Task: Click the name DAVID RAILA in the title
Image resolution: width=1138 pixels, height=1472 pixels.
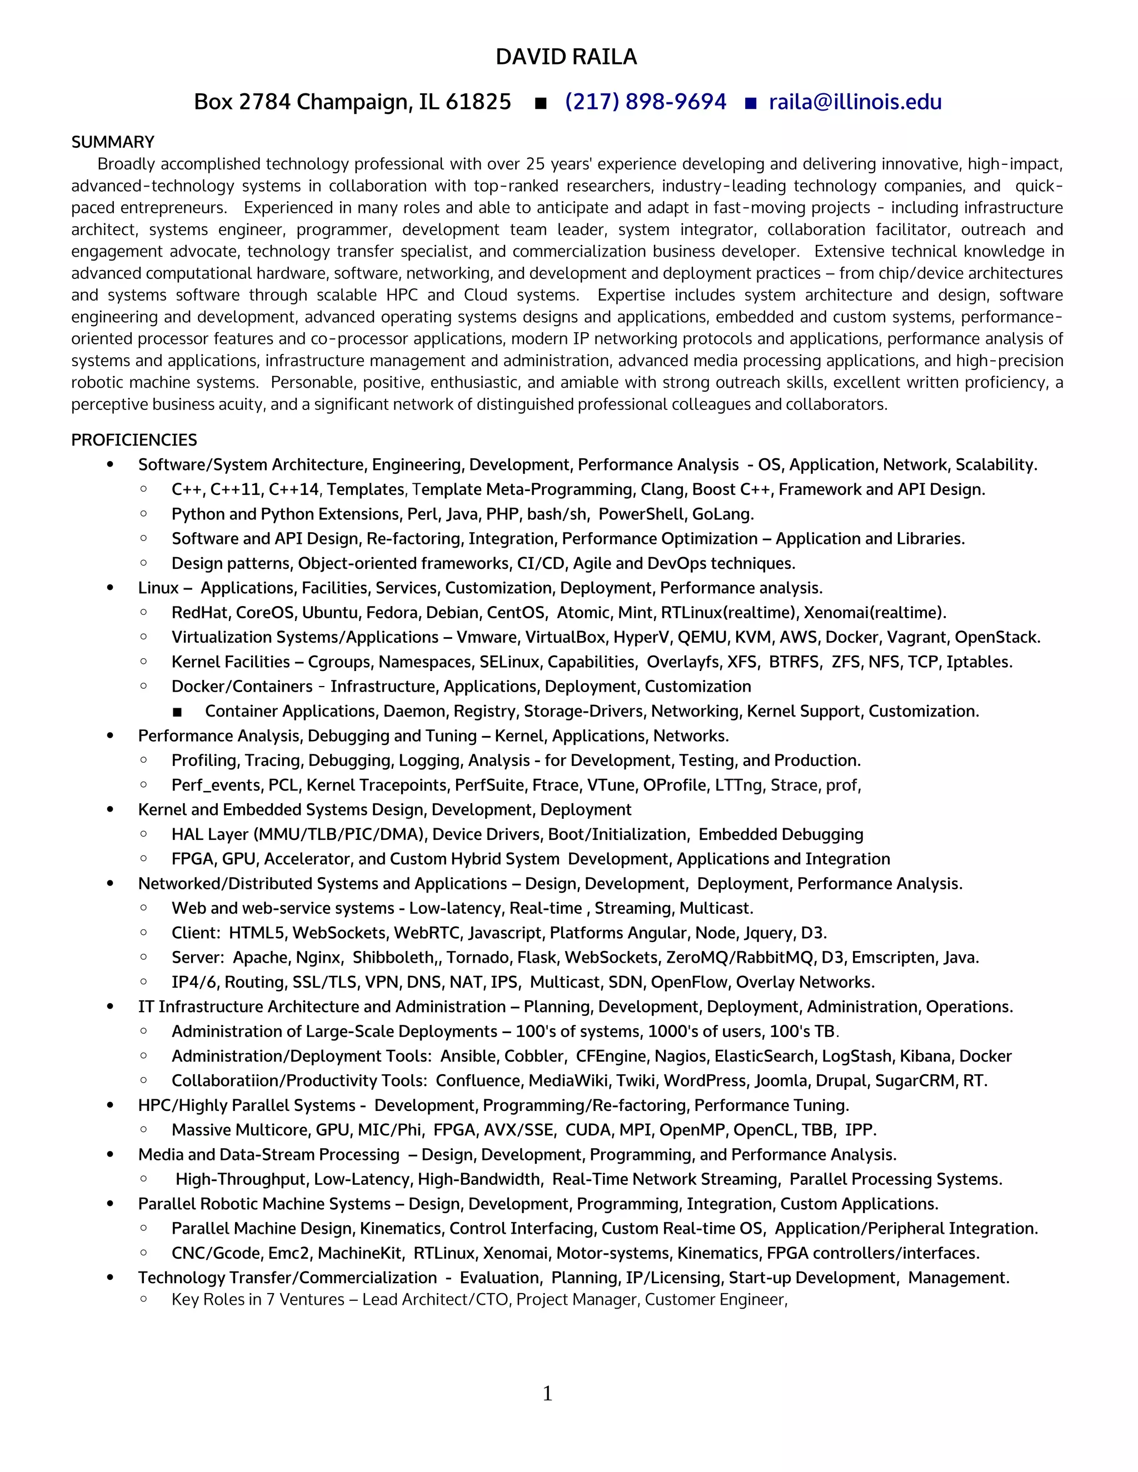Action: pyautogui.click(x=566, y=57)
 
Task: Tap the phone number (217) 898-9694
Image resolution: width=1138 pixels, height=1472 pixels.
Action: pyautogui.click(x=645, y=102)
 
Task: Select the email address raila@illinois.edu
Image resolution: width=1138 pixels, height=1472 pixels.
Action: pyautogui.click(x=855, y=102)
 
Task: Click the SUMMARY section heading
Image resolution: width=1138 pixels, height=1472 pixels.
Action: pyautogui.click(x=113, y=142)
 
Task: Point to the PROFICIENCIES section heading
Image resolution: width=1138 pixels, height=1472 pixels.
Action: pyautogui.click(x=134, y=440)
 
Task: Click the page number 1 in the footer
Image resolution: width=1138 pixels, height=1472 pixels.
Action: pyautogui.click(x=547, y=1393)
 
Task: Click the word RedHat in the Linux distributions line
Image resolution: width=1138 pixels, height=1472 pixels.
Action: pyautogui.click(x=199, y=613)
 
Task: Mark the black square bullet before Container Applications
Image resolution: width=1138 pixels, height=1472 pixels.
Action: pyautogui.click(x=177, y=712)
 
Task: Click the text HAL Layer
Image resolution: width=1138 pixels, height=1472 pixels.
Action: pyautogui.click(x=209, y=834)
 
